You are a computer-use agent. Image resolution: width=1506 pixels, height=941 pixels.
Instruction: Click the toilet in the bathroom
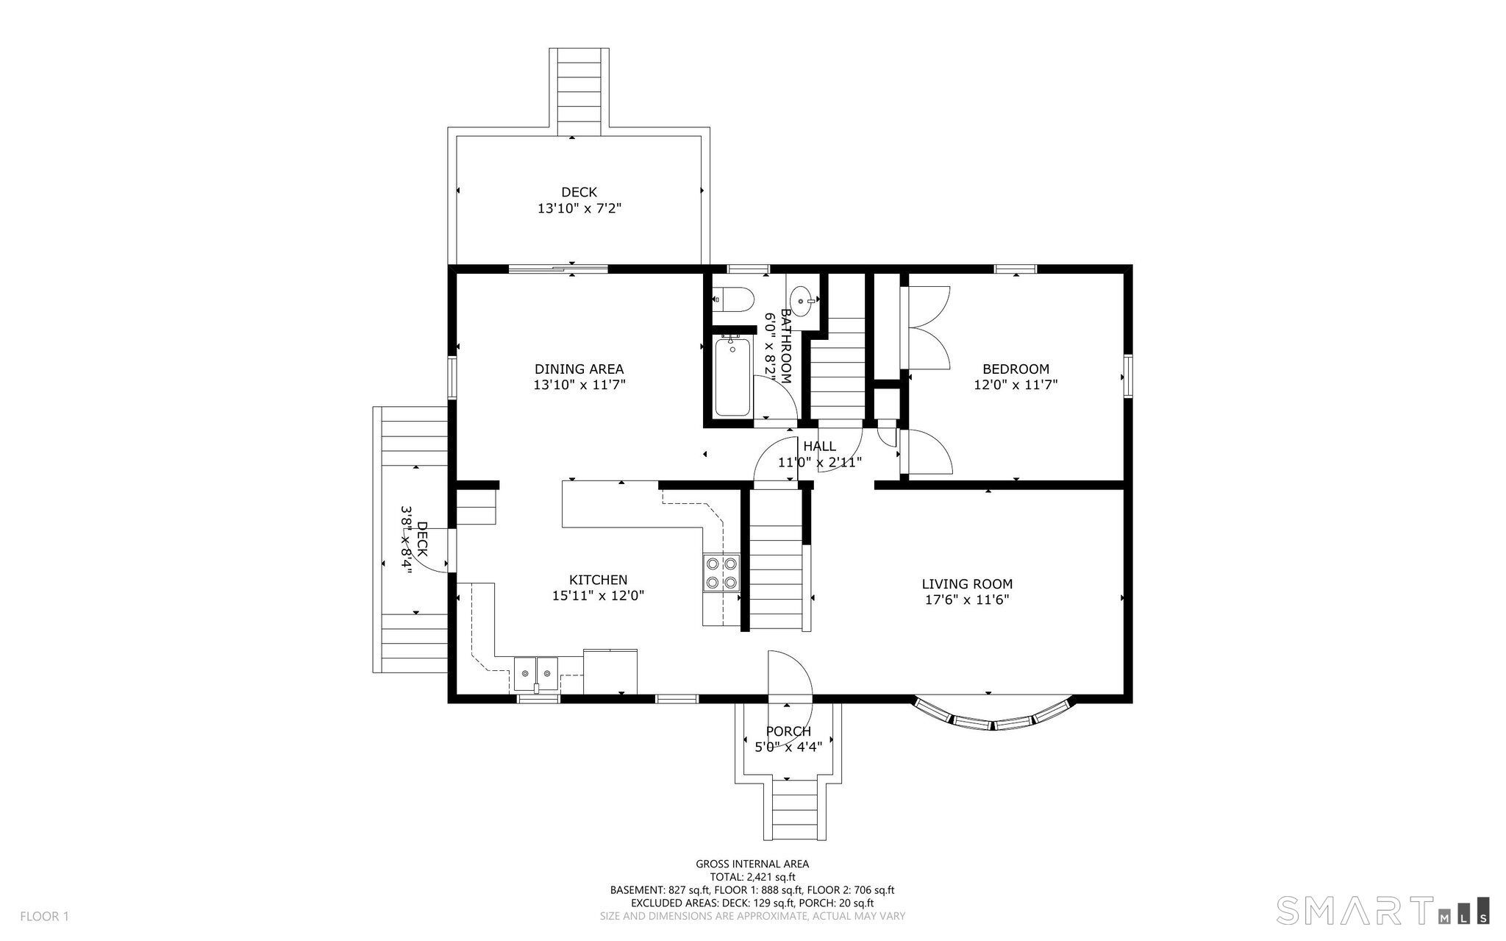click(x=736, y=299)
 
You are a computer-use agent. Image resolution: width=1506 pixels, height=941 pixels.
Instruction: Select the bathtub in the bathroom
click(x=733, y=377)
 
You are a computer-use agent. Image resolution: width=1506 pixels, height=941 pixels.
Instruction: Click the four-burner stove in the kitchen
click(x=721, y=573)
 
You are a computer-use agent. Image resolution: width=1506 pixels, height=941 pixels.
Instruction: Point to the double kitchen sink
click(x=536, y=672)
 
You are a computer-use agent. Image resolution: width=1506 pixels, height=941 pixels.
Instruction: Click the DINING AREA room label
click(x=579, y=369)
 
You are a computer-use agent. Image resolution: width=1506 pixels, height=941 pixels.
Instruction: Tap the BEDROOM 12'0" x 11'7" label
click(x=1016, y=377)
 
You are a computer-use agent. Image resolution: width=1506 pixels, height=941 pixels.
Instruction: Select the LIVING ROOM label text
click(x=966, y=584)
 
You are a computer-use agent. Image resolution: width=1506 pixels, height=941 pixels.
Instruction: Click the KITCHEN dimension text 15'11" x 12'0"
click(x=598, y=596)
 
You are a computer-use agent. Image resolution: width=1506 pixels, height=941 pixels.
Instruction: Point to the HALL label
click(x=819, y=447)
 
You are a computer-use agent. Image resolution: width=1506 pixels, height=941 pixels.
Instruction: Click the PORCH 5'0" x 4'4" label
click(x=788, y=739)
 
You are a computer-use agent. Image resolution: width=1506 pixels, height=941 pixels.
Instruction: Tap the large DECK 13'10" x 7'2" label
click(x=579, y=200)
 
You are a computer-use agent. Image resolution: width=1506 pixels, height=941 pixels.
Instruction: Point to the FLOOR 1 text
click(x=44, y=916)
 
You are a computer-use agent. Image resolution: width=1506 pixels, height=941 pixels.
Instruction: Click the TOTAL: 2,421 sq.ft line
click(x=752, y=877)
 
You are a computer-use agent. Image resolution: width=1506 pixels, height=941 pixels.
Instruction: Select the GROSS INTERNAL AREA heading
click(x=752, y=864)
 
